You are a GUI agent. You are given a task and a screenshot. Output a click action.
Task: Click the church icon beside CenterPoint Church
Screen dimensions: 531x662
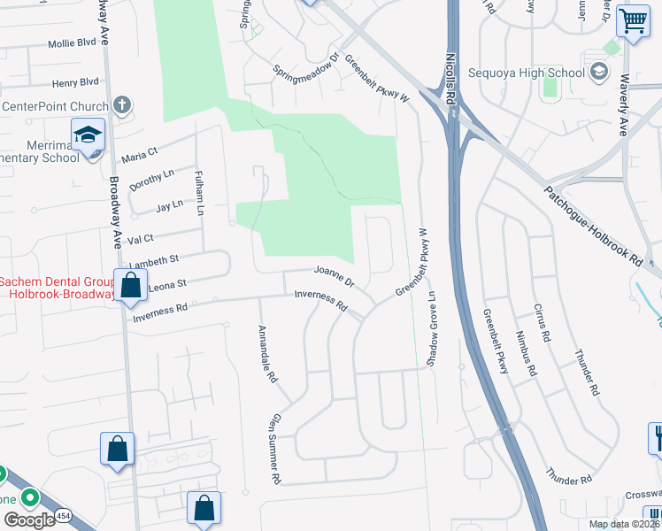pos(121,106)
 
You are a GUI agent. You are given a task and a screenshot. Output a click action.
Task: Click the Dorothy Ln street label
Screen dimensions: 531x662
pos(151,180)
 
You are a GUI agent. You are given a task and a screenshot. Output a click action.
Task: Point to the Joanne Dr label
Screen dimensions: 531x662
pos(335,276)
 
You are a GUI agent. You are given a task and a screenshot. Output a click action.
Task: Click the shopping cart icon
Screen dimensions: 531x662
pos(633,19)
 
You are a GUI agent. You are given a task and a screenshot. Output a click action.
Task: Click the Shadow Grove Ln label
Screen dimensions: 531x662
pos(432,330)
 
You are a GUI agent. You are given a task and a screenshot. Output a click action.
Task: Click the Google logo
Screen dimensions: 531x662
pos(30,519)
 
